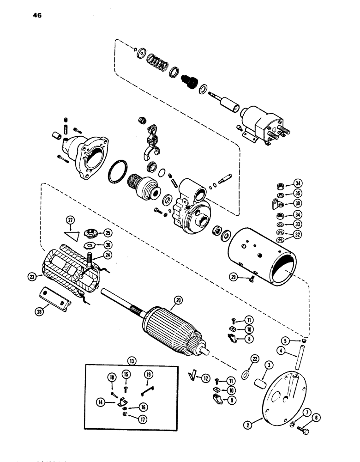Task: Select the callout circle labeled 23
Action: (31, 277)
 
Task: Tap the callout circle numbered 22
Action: (254, 359)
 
